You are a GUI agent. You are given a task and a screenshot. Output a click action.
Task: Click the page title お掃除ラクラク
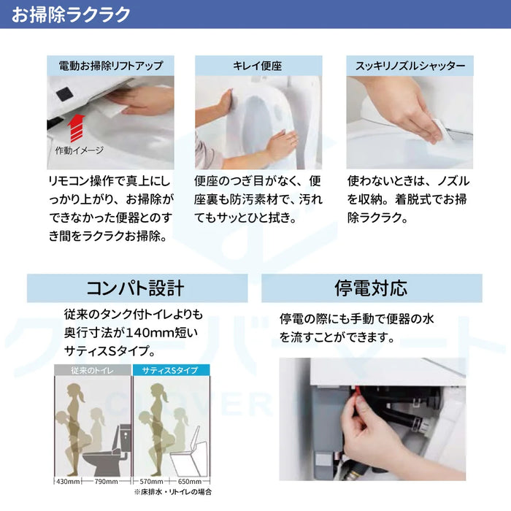tap(71, 15)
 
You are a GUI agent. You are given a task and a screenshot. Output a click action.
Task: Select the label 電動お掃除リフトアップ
tap(110, 66)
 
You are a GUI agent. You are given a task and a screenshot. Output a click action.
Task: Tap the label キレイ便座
tap(258, 66)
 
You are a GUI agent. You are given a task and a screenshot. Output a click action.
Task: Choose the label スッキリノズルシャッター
tap(410, 66)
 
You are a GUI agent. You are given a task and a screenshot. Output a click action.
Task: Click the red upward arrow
tap(76, 128)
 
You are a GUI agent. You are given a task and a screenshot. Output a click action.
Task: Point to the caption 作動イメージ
tap(79, 150)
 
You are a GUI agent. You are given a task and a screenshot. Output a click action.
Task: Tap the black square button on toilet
tap(65, 93)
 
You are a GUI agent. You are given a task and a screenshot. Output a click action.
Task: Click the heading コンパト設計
tap(135, 288)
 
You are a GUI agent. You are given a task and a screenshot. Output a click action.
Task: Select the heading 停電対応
tap(371, 288)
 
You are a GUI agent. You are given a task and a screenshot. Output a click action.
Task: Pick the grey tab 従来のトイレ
tap(93, 370)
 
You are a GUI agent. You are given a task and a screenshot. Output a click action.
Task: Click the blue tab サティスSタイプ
tap(171, 370)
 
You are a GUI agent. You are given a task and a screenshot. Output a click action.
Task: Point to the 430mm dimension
tap(68, 481)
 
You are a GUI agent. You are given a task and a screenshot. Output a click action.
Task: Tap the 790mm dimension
tap(107, 481)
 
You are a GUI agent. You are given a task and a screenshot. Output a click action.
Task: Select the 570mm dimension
tap(151, 481)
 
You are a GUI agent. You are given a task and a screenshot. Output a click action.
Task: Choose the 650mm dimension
tap(190, 481)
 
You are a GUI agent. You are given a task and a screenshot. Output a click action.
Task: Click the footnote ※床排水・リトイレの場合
tap(173, 492)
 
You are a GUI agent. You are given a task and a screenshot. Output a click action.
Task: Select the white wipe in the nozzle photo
tap(442, 131)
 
